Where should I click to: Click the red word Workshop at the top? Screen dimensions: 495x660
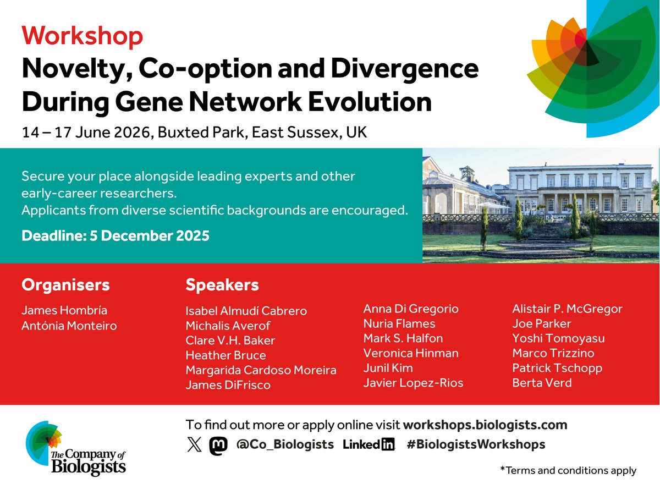[82, 36]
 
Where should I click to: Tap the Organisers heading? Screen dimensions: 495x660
[65, 285]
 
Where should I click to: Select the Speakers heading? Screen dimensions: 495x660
[222, 285]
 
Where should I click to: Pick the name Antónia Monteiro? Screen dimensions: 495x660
[69, 326]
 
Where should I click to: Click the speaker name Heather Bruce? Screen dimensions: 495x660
[226, 355]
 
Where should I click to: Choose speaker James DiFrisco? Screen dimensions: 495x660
[228, 385]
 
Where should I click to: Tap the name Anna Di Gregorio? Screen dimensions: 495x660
[411, 309]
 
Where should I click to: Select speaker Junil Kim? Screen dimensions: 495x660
[388, 368]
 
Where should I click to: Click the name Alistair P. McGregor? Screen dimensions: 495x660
[567, 309]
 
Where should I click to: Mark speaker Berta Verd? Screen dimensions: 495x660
[542, 383]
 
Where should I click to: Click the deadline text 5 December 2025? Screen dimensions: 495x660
[116, 236]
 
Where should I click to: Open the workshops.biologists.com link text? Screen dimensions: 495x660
[485, 425]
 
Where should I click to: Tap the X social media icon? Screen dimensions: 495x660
[194, 445]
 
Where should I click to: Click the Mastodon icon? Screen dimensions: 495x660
[218, 445]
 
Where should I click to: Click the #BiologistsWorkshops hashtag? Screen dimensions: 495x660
[476, 444]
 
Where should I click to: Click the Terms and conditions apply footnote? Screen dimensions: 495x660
[568, 471]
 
